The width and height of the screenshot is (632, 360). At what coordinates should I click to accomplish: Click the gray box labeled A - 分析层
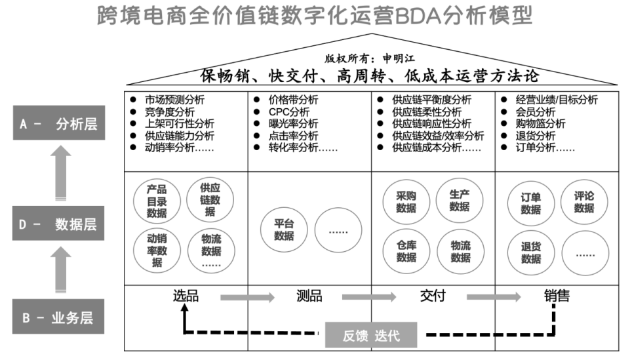[x=59, y=123]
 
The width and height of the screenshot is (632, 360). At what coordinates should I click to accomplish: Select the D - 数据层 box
[x=58, y=224]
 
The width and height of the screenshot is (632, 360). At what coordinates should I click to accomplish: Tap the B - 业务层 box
[x=58, y=317]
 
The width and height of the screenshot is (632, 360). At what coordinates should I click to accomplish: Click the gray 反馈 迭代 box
[x=371, y=335]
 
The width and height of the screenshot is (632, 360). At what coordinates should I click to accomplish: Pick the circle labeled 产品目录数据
[x=157, y=201]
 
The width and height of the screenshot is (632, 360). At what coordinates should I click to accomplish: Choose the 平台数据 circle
[x=284, y=230]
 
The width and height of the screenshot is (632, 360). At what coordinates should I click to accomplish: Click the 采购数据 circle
[x=406, y=202]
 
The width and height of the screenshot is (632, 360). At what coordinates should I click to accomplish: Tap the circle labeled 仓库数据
[x=406, y=251]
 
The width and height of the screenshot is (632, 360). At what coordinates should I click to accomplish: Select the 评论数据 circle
[x=584, y=202]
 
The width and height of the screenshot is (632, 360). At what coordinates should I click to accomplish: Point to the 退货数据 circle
[x=531, y=252]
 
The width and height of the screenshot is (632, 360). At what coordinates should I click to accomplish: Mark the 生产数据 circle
[x=460, y=201]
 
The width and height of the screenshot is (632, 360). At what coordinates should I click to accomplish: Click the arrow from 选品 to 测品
[x=247, y=298]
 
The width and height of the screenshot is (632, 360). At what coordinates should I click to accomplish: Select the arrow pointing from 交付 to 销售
[x=494, y=298]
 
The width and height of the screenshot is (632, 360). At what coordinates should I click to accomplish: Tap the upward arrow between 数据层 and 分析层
[x=61, y=173]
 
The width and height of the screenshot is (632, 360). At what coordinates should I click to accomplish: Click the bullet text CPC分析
[x=289, y=111]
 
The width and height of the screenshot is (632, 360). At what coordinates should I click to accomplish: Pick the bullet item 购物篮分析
[x=540, y=124]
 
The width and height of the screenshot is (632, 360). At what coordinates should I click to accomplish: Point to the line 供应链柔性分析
[x=427, y=111]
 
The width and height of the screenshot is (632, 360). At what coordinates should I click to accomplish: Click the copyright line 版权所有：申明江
[x=370, y=58]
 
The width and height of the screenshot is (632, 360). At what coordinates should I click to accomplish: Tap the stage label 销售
[x=557, y=296]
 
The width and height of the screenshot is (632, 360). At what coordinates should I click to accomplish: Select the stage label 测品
[x=309, y=296]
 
